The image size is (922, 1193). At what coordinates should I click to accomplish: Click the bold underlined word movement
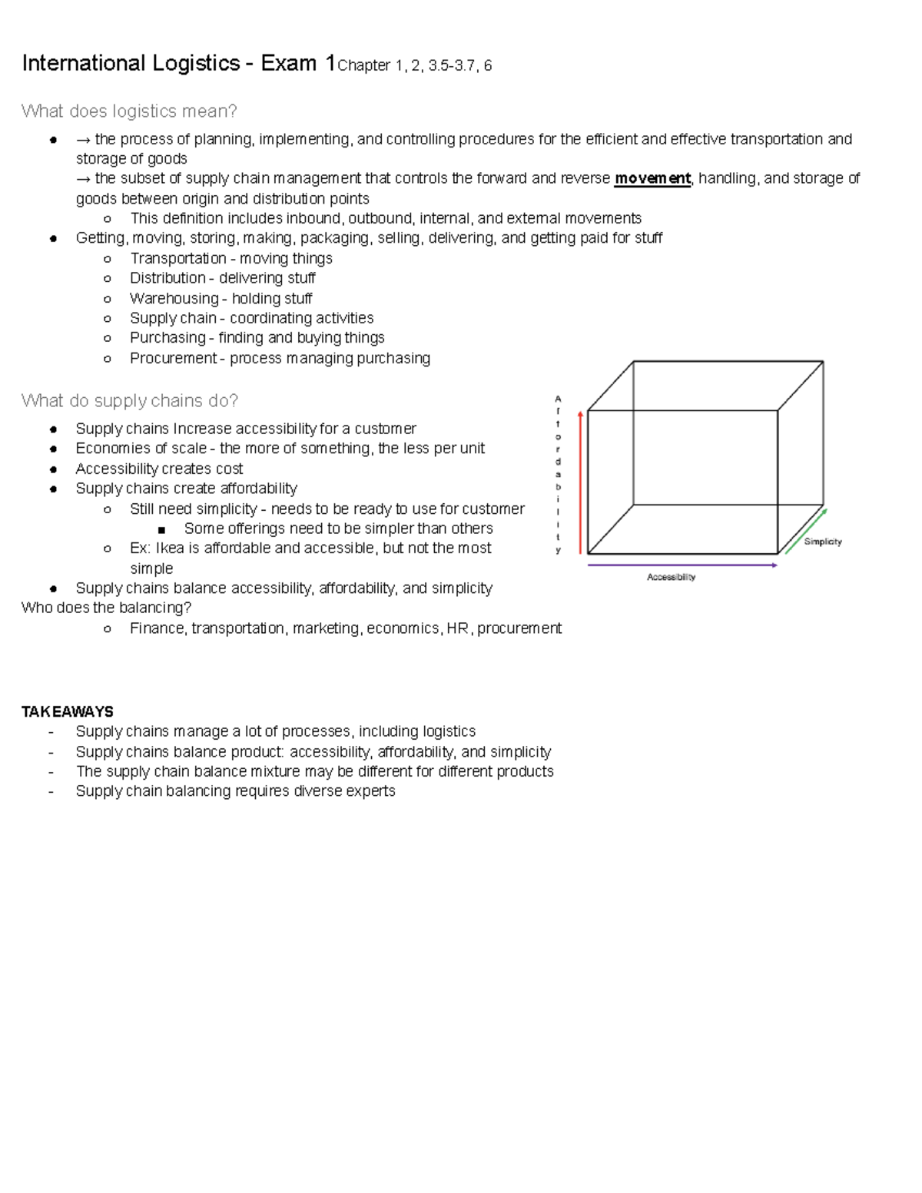pyautogui.click(x=652, y=179)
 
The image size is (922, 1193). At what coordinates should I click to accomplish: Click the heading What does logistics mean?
pyautogui.click(x=129, y=111)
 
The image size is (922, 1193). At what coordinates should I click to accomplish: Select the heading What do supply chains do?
pyautogui.click(x=130, y=401)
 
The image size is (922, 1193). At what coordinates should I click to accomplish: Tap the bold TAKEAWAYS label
pyautogui.click(x=68, y=711)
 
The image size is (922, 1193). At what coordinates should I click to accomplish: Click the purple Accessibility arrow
pyautogui.click(x=682, y=565)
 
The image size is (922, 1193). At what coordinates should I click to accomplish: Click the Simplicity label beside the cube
pyautogui.click(x=823, y=542)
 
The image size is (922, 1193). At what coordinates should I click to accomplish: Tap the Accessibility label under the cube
pyautogui.click(x=671, y=577)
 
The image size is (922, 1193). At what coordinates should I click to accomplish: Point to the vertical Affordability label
pyautogui.click(x=559, y=474)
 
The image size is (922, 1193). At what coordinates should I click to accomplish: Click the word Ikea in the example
pyautogui.click(x=170, y=548)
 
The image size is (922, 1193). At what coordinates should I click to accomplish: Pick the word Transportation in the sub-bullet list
pyautogui.click(x=177, y=258)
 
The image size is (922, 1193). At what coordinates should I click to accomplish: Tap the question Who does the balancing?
pyautogui.click(x=106, y=608)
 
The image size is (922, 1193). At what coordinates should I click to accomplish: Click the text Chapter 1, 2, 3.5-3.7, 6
pyautogui.click(x=415, y=66)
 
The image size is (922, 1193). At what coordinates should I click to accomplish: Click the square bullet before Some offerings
pyautogui.click(x=161, y=529)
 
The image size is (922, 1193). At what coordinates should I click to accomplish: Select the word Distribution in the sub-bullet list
pyautogui.click(x=167, y=278)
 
